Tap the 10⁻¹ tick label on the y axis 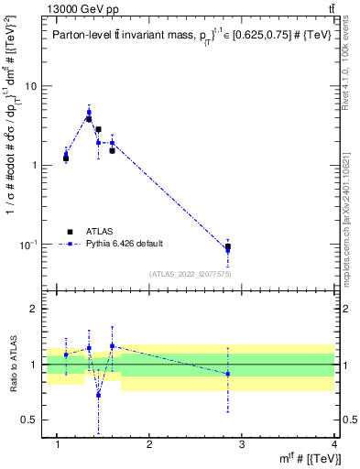click(x=28, y=245)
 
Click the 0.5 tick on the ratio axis click(x=29, y=420)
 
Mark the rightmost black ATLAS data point click(x=228, y=247)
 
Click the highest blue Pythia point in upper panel click(x=89, y=113)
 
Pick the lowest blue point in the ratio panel click(x=98, y=395)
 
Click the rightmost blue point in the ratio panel click(x=228, y=374)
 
